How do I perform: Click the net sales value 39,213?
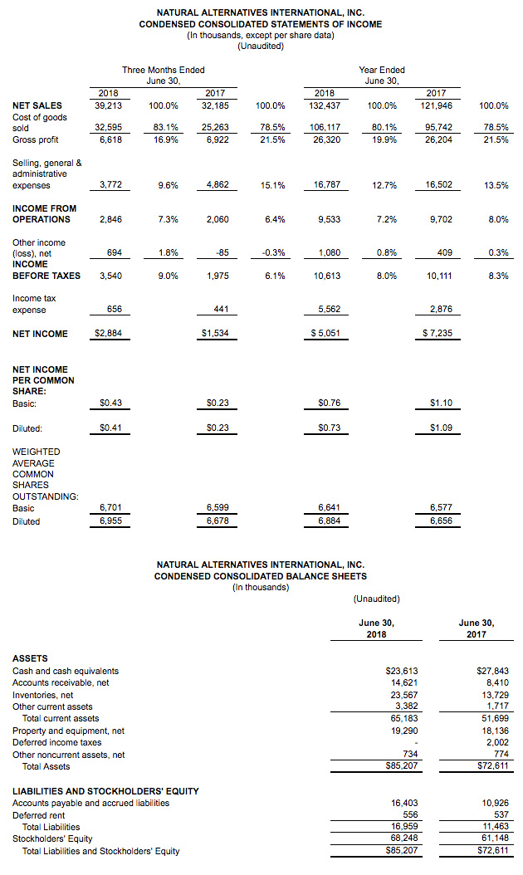pyautogui.click(x=108, y=105)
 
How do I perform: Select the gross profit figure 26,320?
pyautogui.click(x=326, y=139)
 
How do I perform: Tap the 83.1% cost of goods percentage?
pyautogui.click(x=166, y=127)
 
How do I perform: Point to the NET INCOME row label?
pyautogui.click(x=40, y=334)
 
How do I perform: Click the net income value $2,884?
pyautogui.click(x=108, y=333)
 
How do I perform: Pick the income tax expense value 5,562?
pyautogui.click(x=330, y=309)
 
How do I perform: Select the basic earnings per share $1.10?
pyautogui.click(x=441, y=403)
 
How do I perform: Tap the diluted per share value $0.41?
pyautogui.click(x=110, y=428)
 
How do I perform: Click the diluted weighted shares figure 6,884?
pyautogui.click(x=330, y=521)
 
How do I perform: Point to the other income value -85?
pyautogui.click(x=222, y=253)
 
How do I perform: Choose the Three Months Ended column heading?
pyautogui.click(x=164, y=70)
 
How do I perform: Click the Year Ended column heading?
pyautogui.click(x=382, y=70)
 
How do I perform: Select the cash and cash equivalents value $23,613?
pyautogui.click(x=402, y=671)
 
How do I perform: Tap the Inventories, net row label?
pyautogui.click(x=43, y=696)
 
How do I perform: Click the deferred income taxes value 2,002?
pyautogui.click(x=498, y=743)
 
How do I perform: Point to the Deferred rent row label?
pyautogui.click(x=39, y=815)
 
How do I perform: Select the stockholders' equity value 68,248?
pyautogui.click(x=404, y=838)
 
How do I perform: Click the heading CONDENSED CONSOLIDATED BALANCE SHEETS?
pyautogui.click(x=261, y=576)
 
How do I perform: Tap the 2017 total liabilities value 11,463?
pyautogui.click(x=496, y=827)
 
